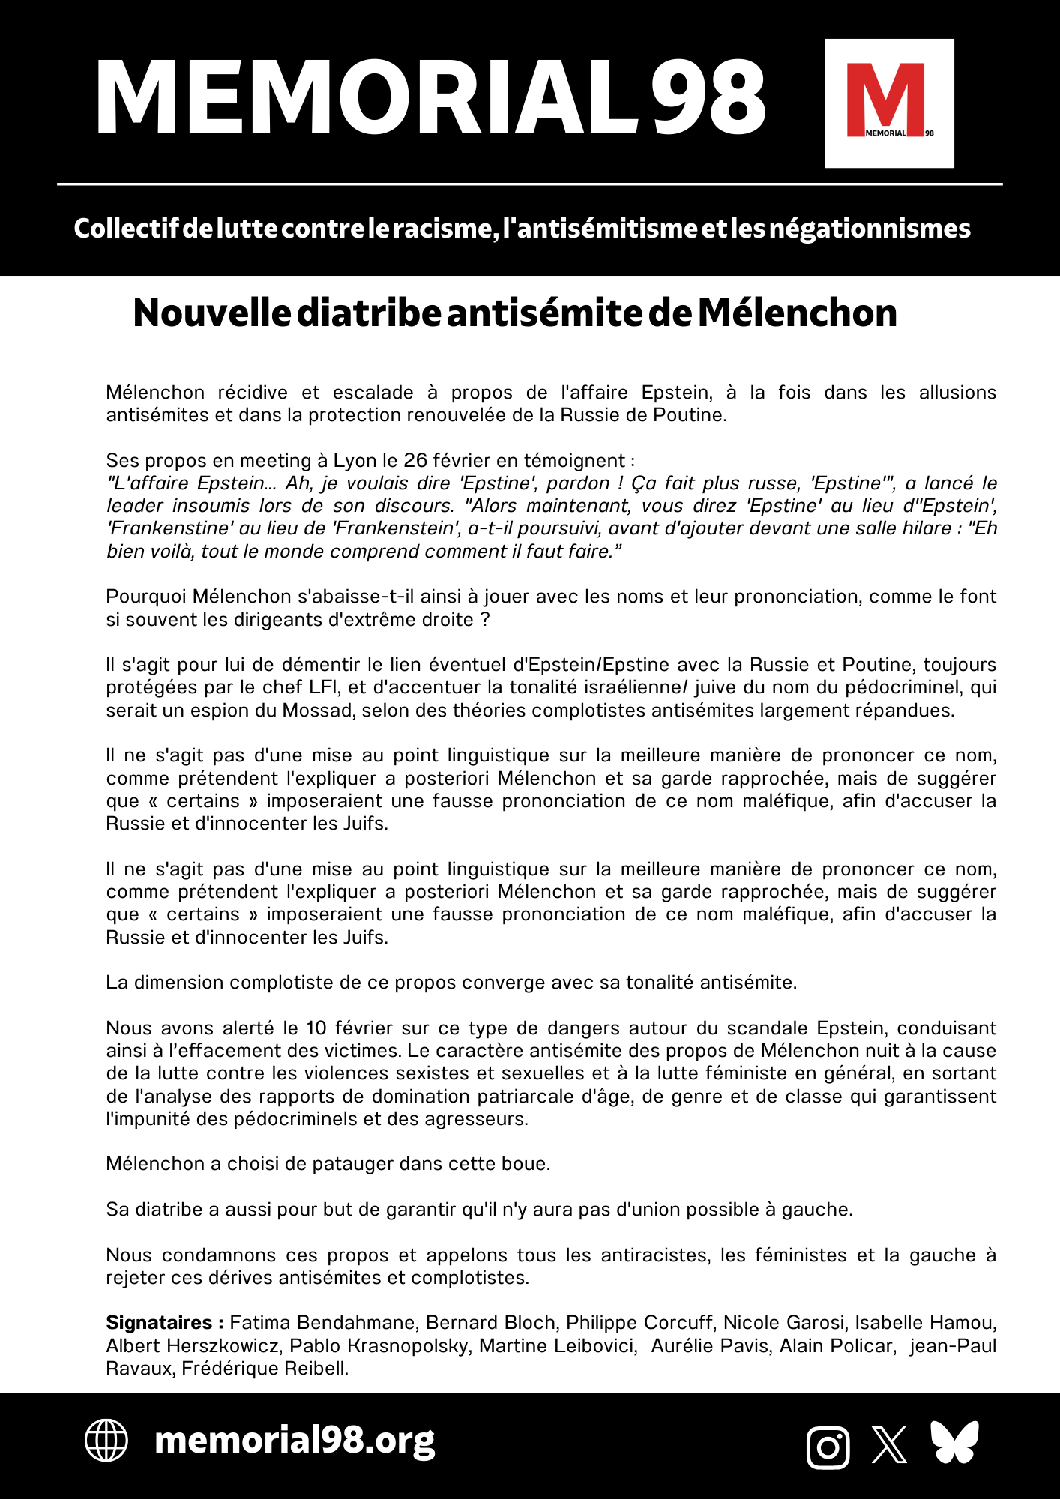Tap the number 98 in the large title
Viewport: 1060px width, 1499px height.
(x=707, y=99)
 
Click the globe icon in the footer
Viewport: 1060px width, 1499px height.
(x=106, y=1441)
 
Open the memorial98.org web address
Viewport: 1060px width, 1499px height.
(x=294, y=1441)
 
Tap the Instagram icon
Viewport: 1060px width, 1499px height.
(x=828, y=1447)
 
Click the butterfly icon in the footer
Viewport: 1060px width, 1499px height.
(x=954, y=1441)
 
